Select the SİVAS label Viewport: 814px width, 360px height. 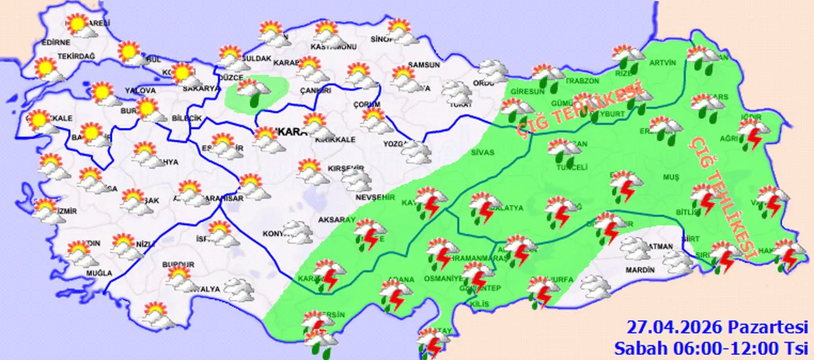(483, 153)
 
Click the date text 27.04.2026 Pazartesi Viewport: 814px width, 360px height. (717, 328)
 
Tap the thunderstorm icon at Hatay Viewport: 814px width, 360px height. (434, 340)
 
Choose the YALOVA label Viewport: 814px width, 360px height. (141, 90)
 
